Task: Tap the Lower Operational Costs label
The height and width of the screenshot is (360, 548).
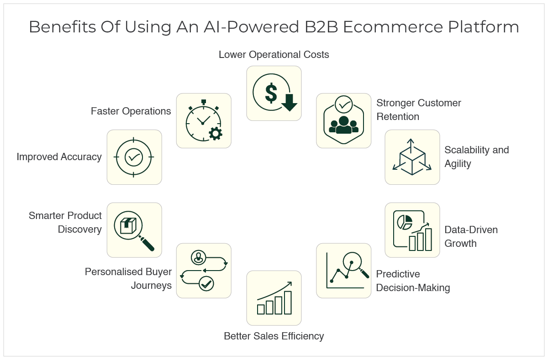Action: coord(274,55)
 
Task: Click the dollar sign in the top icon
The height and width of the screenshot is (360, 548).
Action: coord(271,93)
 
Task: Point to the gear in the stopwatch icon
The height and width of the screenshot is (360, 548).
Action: coord(215,133)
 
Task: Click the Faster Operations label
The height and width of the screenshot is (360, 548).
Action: coord(131,111)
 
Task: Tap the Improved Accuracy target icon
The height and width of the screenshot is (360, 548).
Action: coord(134,157)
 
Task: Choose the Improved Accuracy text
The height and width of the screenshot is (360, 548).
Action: coord(59,157)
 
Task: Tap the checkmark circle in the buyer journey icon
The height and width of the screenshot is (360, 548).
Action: coord(206,284)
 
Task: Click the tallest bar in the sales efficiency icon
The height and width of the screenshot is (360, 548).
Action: coord(288,303)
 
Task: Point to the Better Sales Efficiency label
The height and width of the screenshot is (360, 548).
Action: coord(274,336)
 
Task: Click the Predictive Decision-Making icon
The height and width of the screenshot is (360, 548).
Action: coord(344,271)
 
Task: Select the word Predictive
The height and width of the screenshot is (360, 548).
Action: coord(398,274)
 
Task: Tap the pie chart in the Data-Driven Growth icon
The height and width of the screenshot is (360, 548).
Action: coord(405,222)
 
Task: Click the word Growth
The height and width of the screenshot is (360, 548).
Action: coord(460,244)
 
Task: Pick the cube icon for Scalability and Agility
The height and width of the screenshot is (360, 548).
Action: coord(412,157)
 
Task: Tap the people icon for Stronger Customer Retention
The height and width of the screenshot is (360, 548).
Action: coord(343,124)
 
